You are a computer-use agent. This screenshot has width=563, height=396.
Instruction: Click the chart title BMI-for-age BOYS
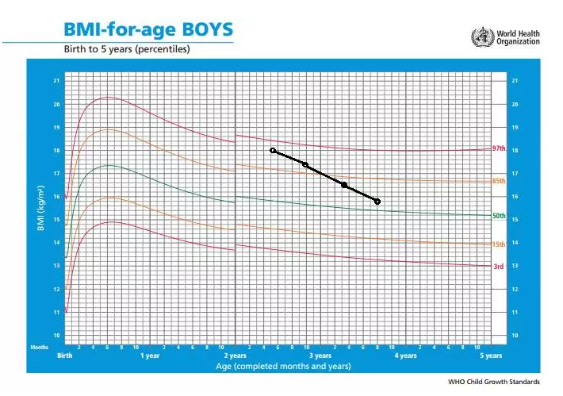click(148, 30)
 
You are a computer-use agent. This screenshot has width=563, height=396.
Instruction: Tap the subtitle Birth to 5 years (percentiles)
click(127, 49)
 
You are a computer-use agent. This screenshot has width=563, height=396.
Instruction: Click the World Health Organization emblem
click(481, 37)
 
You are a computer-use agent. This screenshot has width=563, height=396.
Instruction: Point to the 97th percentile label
click(499, 148)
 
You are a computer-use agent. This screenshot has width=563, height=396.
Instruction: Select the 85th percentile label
click(499, 182)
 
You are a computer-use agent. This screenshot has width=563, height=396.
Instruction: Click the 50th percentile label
click(499, 216)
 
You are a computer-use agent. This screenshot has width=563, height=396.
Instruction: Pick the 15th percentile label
click(499, 244)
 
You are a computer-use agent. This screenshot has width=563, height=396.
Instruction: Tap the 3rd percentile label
click(498, 267)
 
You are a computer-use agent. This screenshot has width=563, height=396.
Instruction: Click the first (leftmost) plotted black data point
click(273, 150)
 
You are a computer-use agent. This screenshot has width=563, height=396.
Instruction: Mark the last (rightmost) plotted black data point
click(377, 202)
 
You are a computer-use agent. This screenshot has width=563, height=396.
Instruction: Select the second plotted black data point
click(305, 164)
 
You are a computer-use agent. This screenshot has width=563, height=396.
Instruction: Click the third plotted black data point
click(344, 185)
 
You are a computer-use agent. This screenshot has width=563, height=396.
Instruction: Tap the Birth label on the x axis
click(65, 356)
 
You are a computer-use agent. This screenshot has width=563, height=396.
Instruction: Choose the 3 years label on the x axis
click(320, 356)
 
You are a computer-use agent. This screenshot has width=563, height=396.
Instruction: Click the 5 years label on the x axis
click(491, 356)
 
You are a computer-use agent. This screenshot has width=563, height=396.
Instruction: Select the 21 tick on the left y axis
click(56, 81)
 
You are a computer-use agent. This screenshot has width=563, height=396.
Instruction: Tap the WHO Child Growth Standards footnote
click(500, 383)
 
